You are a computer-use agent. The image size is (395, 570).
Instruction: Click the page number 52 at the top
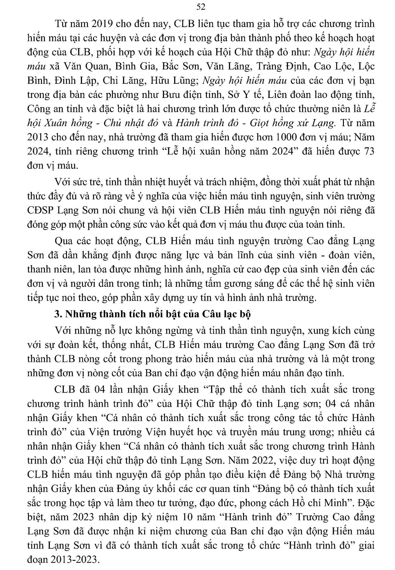201,7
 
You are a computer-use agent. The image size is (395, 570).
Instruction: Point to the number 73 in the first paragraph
368,151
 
